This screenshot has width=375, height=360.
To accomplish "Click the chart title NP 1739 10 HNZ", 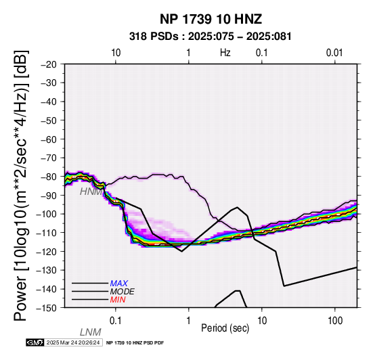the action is [x=211, y=19].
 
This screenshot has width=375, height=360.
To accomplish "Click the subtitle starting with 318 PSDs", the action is [x=211, y=37].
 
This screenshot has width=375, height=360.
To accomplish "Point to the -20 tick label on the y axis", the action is [x=49, y=64].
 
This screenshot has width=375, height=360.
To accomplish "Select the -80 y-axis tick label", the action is [x=49, y=177].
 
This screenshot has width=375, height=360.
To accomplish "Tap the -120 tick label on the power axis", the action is [x=46, y=252].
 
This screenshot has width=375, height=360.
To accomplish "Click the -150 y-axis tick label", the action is [x=46, y=308].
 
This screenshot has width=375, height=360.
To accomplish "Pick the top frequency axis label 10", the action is [x=116, y=53].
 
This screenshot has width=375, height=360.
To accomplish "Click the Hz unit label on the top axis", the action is [x=225, y=53].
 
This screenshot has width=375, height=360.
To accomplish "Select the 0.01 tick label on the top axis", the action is [x=334, y=53].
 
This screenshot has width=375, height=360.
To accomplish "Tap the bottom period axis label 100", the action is [x=335, y=321].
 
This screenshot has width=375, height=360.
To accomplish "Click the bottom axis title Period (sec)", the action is [x=225, y=328].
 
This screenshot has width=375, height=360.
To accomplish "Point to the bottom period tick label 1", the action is [x=189, y=321].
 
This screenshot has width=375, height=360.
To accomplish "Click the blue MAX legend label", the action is [x=119, y=284].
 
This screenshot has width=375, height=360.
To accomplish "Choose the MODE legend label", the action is [x=123, y=292].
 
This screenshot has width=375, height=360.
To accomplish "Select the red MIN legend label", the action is [x=118, y=300].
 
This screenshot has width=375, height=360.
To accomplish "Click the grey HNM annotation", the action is [x=91, y=192].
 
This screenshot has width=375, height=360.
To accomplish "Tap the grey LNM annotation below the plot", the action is [x=91, y=332].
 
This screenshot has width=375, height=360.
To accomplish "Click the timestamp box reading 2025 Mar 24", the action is [x=74, y=342].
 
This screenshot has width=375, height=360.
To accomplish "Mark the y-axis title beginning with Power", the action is [x=21, y=185].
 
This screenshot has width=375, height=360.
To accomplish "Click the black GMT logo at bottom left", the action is [x=35, y=342].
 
